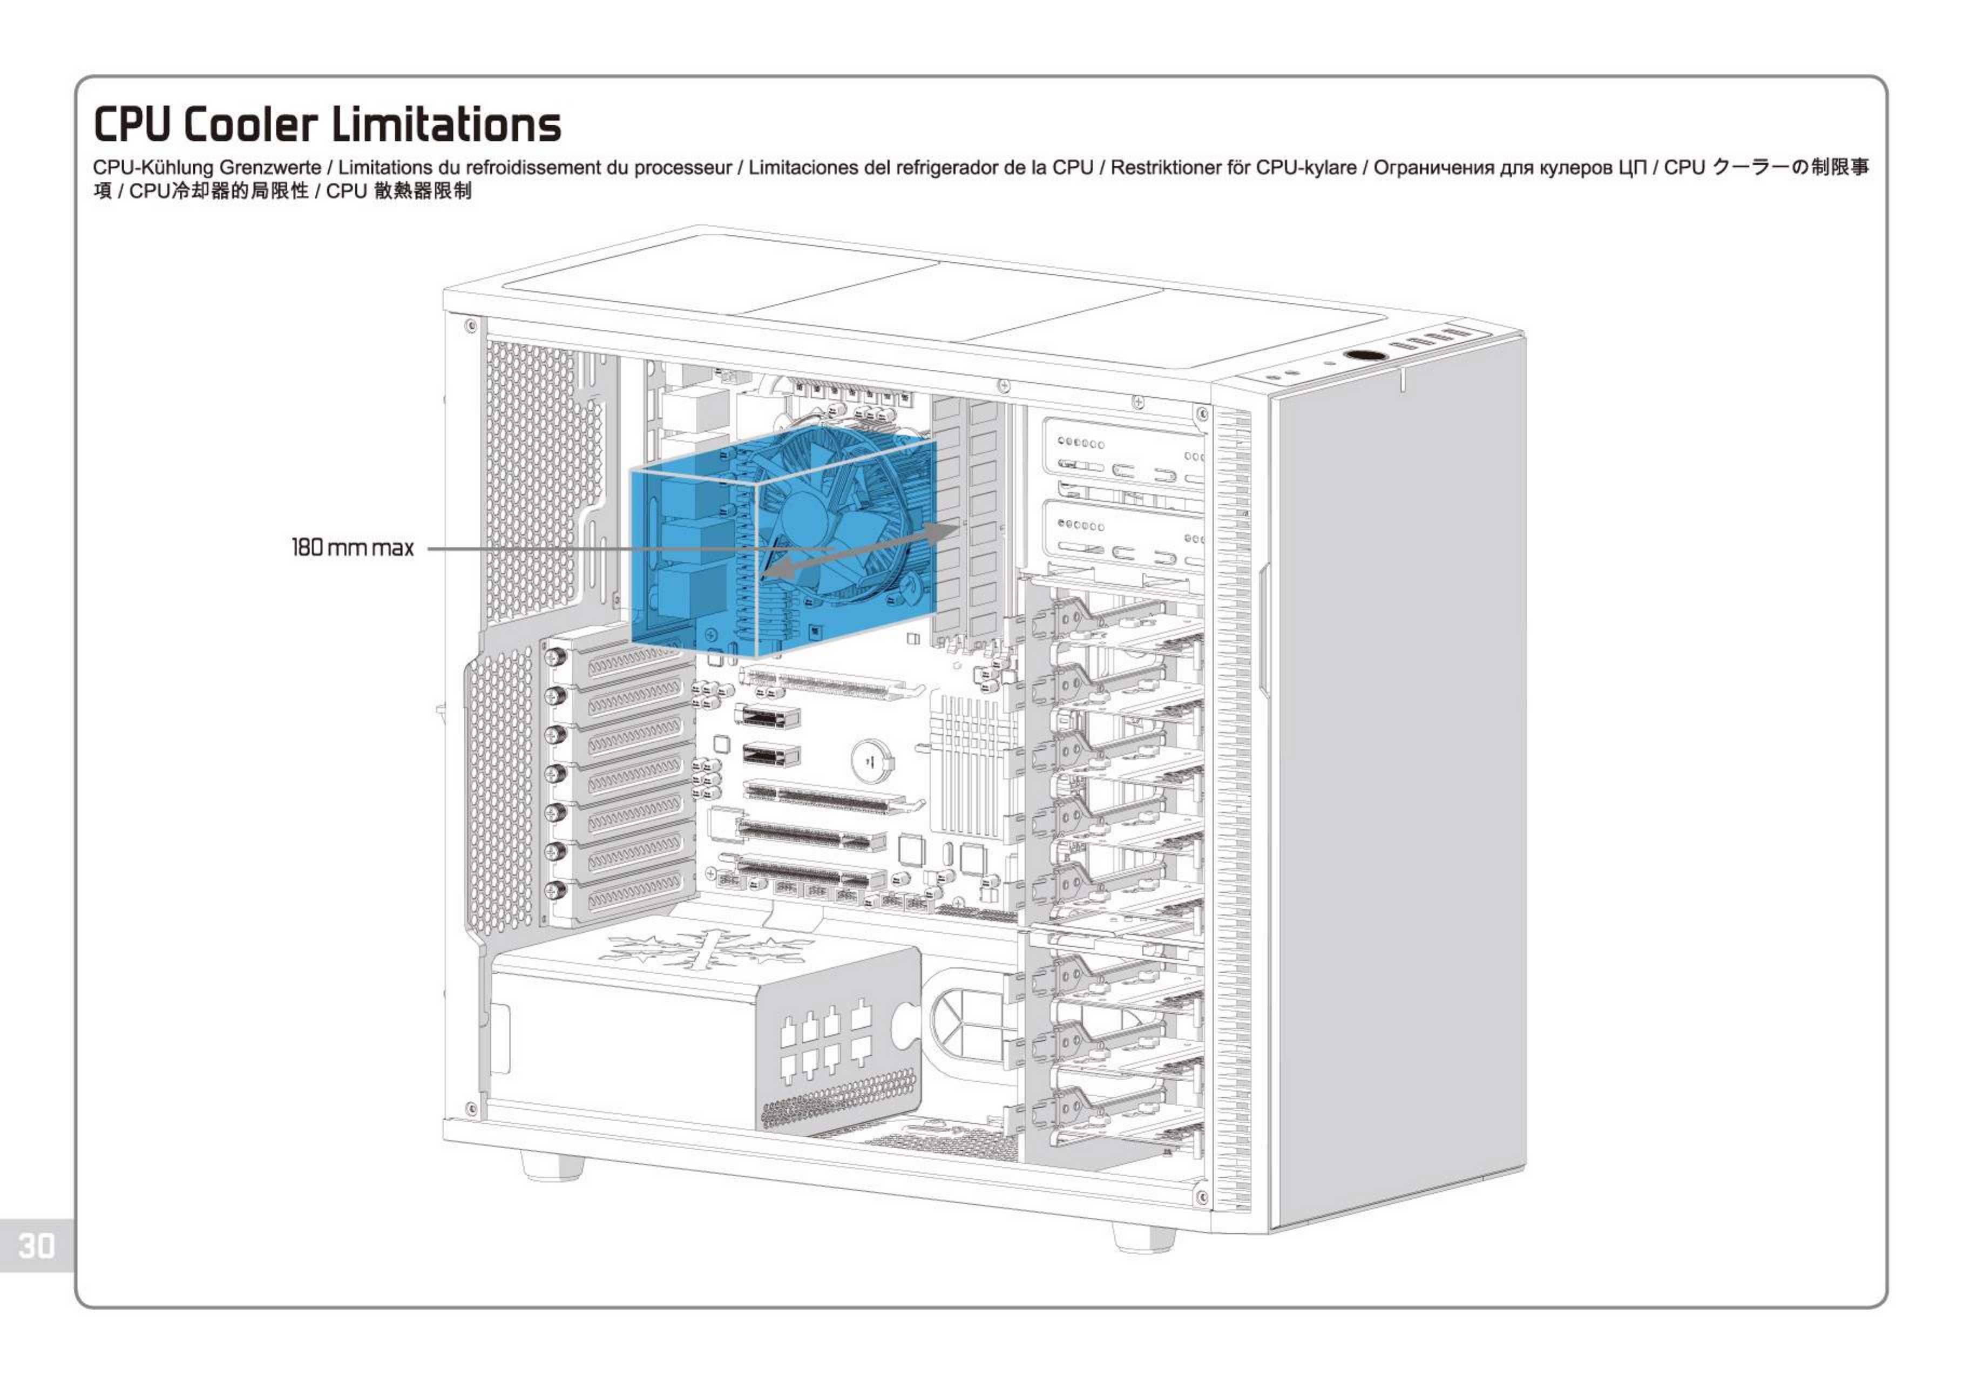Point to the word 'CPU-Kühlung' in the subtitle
pyautogui.click(x=153, y=168)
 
